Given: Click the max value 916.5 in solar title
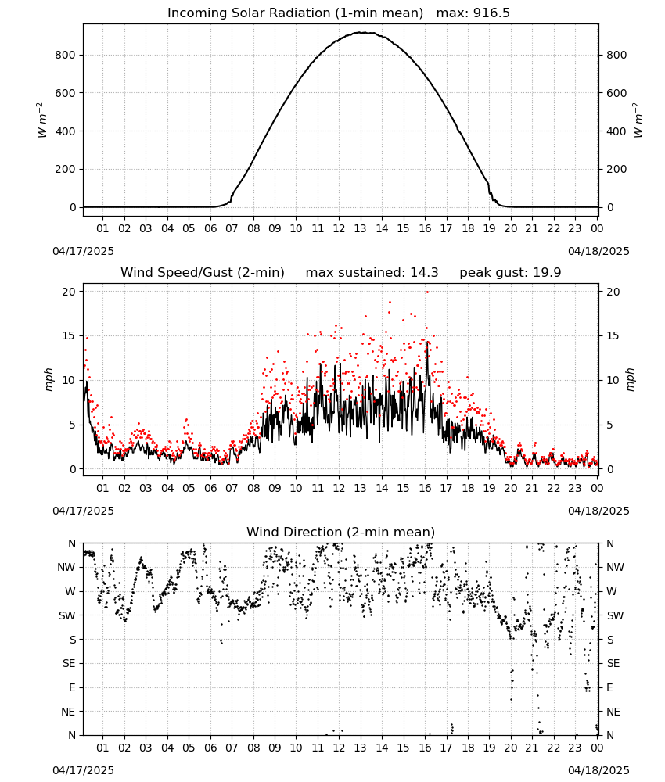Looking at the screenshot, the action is (x=491, y=13).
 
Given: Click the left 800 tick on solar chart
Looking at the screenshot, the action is (x=66, y=55).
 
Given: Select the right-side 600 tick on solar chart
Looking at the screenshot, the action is (x=616, y=93).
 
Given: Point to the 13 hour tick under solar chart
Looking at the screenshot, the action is (x=360, y=229).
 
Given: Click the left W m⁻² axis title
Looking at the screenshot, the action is (x=41, y=120).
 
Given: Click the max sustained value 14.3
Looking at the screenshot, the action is (x=424, y=273).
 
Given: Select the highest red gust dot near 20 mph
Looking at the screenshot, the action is (x=427, y=292).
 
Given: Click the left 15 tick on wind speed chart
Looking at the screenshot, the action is (x=70, y=335).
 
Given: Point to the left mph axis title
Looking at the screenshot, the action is (x=49, y=379).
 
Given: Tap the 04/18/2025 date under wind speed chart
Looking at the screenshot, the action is (x=598, y=511).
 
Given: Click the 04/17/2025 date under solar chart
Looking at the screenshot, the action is (x=83, y=251).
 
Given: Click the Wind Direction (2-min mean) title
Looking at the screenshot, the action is (x=341, y=532).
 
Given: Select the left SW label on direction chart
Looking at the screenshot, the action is (x=67, y=616).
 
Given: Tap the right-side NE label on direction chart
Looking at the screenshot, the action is (x=613, y=712).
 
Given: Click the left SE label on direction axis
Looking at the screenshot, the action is (x=69, y=664).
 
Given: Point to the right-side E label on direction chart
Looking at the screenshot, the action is (x=609, y=687).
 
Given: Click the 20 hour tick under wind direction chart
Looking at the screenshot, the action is (x=510, y=748).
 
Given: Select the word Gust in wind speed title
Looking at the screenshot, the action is (x=220, y=273).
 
